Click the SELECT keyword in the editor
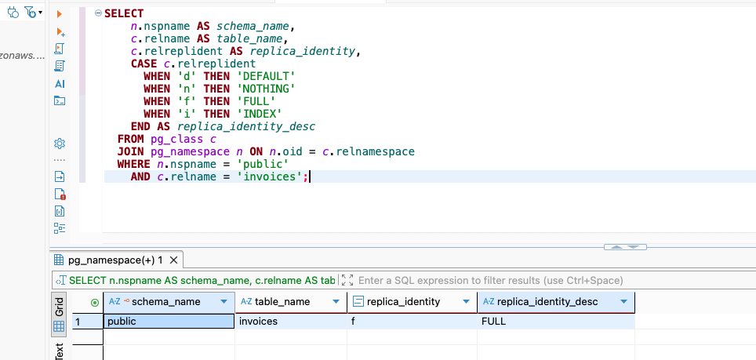coord(124,13)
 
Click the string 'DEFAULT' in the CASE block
coord(268,76)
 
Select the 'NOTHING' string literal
coord(268,89)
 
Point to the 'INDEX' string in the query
coord(262,114)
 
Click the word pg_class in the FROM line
coord(177,140)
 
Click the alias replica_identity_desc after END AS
coord(246,127)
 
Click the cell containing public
coord(169,322)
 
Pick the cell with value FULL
coord(556,322)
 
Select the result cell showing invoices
coord(291,322)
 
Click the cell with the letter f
coord(413,322)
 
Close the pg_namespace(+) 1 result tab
coord(174,260)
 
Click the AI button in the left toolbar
coord(60,84)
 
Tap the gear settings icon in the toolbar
coord(60,143)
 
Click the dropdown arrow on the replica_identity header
coord(467,302)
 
